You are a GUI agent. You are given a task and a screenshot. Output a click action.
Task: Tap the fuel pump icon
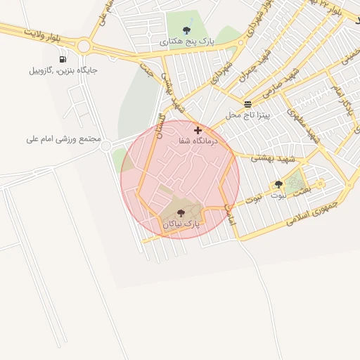coord(63,59)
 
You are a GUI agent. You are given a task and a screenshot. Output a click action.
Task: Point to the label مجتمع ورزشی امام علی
coord(63,139)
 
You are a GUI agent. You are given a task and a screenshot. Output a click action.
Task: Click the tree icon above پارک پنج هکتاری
coord(186,30)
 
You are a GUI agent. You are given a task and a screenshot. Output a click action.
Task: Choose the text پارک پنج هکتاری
coord(186,42)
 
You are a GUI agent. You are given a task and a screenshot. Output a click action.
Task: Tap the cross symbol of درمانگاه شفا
coord(198,130)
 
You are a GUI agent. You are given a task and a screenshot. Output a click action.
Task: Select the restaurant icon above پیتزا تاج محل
coord(247,103)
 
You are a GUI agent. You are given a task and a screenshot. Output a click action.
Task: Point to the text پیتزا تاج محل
coord(243,114)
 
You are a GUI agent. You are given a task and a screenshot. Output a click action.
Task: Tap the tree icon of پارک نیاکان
coord(181,212)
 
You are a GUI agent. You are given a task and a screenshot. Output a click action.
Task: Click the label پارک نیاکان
coord(181,224)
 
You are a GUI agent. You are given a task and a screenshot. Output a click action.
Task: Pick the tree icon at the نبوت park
coord(289,184)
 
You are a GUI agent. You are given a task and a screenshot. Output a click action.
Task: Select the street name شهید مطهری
coord(303,127)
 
